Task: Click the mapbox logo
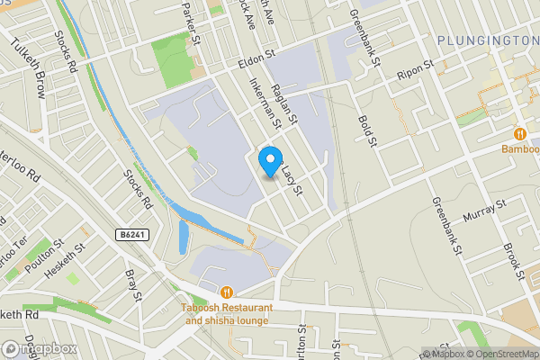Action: [x=40, y=348]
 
